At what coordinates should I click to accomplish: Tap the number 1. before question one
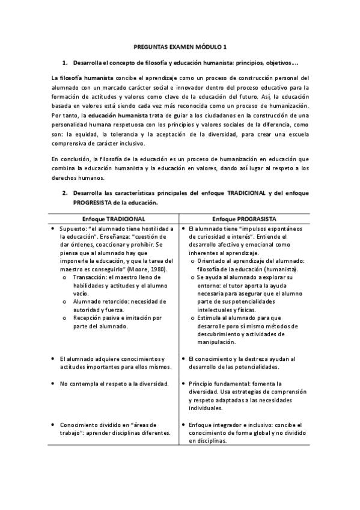click(x=66, y=63)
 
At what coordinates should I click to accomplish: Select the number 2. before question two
click(x=66, y=194)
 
